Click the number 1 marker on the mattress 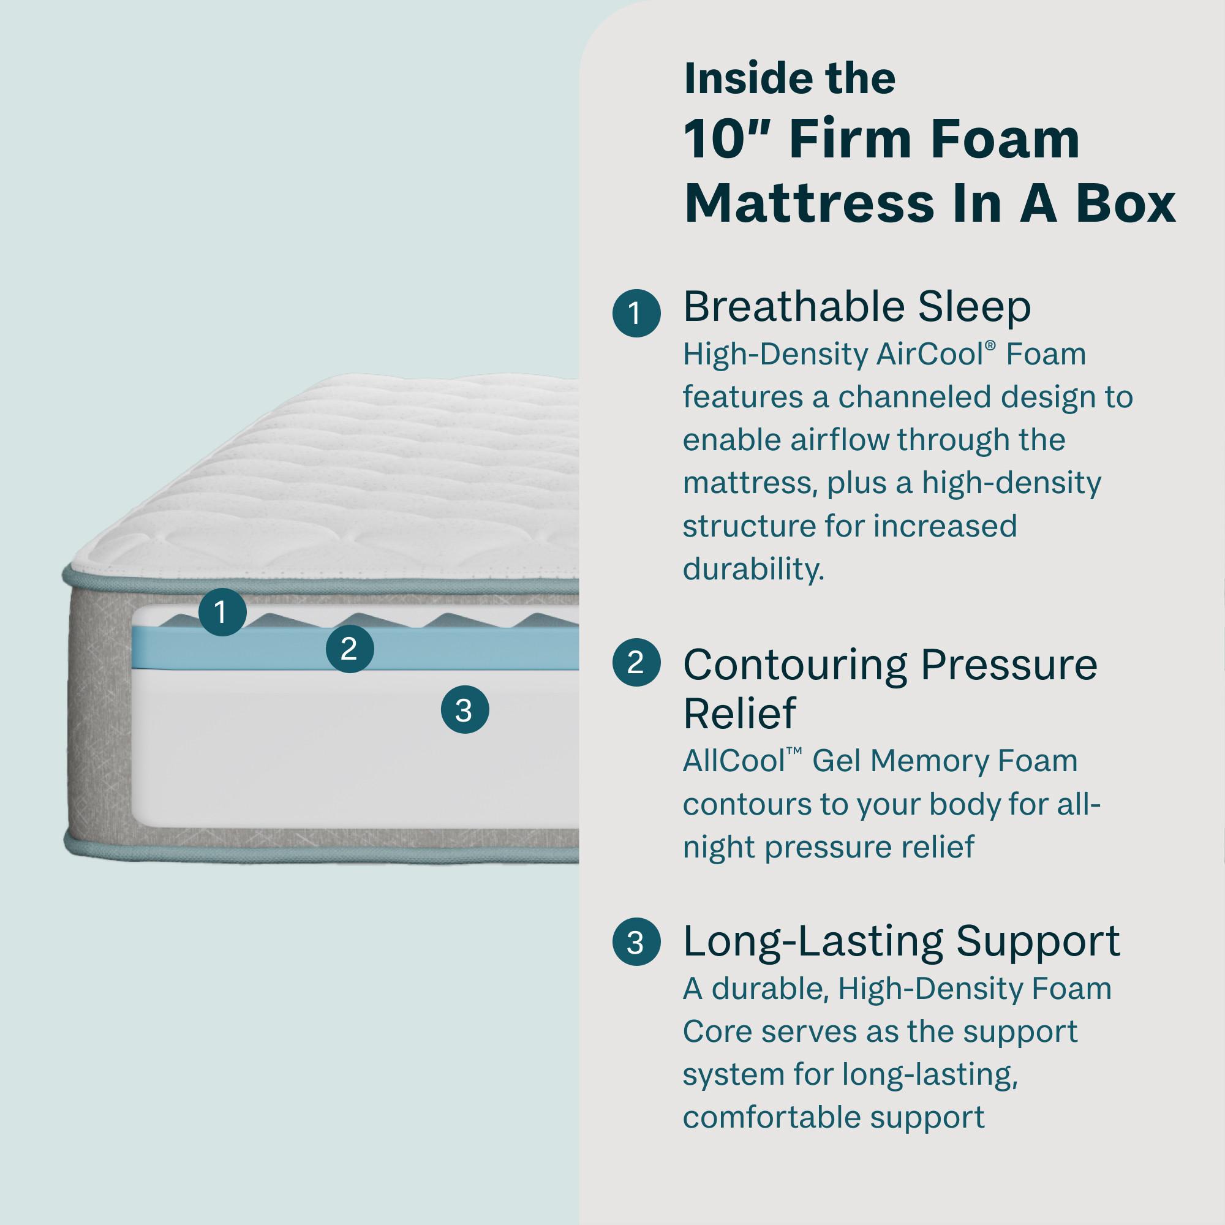click(222, 612)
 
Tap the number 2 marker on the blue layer click(349, 649)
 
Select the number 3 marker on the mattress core click(465, 710)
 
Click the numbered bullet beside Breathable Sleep click(636, 312)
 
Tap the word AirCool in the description click(930, 355)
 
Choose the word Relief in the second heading click(740, 714)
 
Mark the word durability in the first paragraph click(753, 569)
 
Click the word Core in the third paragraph click(717, 1031)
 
